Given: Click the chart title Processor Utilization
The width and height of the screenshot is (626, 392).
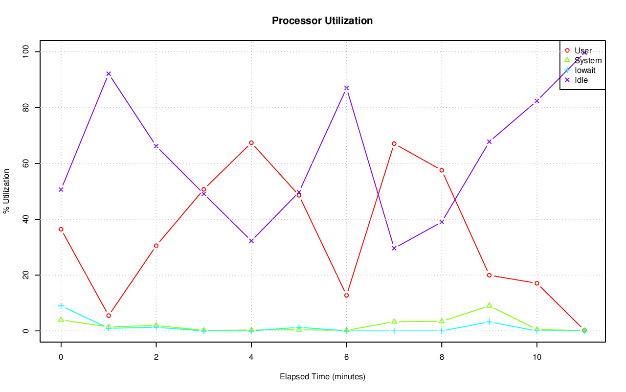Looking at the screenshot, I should point(322,21).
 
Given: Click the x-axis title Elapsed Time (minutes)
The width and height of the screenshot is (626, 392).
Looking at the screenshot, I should point(322,377).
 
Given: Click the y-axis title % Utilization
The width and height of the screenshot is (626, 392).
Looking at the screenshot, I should point(6,191).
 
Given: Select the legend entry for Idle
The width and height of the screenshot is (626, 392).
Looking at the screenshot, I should point(581,80).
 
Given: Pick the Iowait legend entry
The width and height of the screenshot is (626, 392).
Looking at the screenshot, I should point(585,70).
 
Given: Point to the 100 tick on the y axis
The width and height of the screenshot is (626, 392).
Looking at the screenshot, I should point(26,52).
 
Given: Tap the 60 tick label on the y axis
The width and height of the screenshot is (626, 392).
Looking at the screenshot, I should point(26,163).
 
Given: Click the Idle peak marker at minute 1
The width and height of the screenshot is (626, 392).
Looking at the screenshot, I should point(109,74).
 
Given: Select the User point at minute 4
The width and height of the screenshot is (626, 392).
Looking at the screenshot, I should point(251,143).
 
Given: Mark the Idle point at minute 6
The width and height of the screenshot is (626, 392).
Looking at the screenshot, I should point(346,88).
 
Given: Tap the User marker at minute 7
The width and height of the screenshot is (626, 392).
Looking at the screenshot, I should point(394,144).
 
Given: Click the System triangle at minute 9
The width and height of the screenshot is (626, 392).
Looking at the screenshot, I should point(489,305).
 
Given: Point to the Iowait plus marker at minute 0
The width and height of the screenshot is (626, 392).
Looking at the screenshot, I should point(61,306).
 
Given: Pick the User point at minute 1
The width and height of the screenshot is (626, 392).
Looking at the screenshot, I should point(109,316).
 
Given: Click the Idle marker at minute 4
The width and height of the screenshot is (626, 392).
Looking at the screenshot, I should point(251,241).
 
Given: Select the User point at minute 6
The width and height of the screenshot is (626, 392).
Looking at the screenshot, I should point(346,296).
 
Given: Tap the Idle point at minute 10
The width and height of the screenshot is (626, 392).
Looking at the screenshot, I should point(537,101).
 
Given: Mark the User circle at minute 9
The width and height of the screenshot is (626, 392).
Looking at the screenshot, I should point(489,275).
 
